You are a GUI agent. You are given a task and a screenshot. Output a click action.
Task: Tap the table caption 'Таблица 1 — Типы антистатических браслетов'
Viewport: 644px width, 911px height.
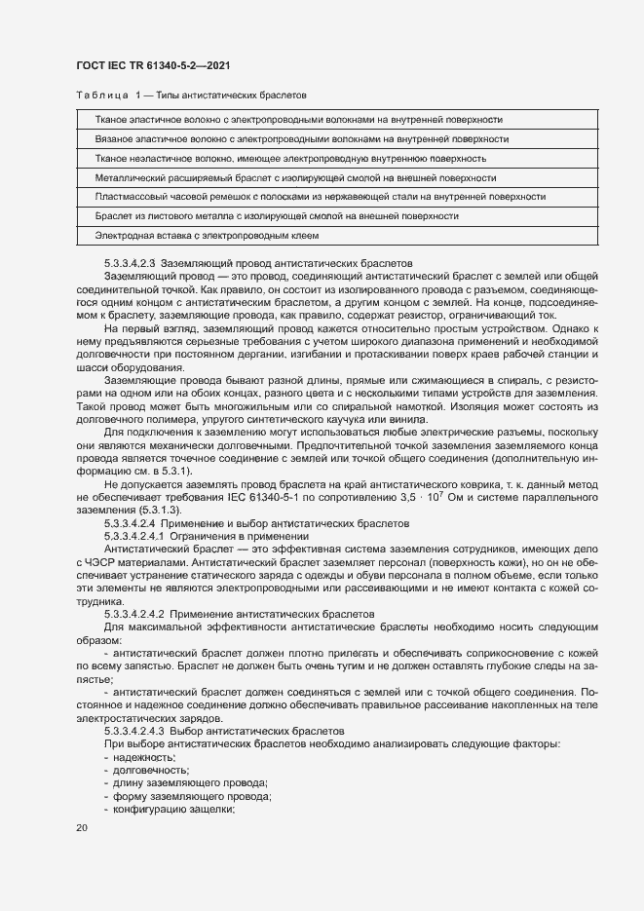(x=191, y=96)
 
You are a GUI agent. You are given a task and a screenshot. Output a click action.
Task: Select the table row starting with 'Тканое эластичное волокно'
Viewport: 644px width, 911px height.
(x=298, y=119)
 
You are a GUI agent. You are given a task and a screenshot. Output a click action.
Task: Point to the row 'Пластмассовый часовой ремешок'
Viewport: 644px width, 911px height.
(x=320, y=197)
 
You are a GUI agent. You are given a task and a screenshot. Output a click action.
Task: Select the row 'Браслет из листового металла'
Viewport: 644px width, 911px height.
(x=277, y=216)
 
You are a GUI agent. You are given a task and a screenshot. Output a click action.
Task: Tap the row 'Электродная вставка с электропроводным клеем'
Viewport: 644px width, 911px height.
(x=207, y=236)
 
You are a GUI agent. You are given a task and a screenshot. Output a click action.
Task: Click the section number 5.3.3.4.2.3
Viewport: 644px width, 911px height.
(x=129, y=263)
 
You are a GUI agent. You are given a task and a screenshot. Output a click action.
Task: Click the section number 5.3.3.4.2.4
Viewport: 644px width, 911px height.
(x=129, y=523)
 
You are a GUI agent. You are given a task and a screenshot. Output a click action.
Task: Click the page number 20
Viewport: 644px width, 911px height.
(x=82, y=828)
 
